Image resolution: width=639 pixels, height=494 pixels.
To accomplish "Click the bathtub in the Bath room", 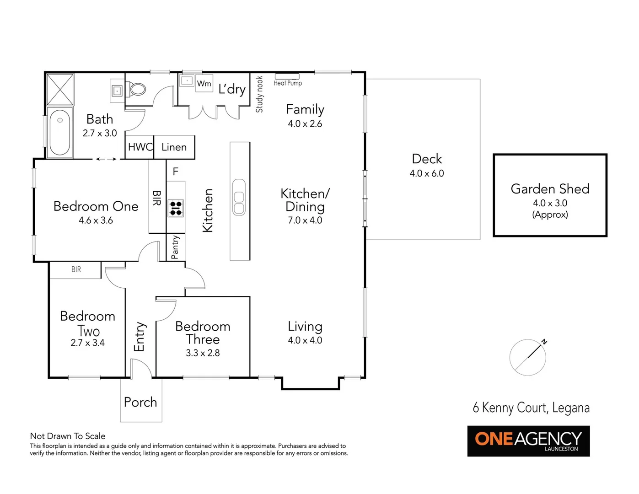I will point(59,133).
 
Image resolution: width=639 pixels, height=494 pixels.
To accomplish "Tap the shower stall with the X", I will point(60,90).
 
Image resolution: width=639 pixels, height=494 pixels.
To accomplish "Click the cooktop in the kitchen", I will point(176,208).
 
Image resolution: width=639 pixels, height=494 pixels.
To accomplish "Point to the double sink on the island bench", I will point(239,197).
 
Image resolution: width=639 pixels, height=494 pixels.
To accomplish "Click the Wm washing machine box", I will point(204,83).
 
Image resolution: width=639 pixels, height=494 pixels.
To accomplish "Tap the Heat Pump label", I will point(288,83).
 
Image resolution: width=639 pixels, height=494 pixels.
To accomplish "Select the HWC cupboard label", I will point(140,147).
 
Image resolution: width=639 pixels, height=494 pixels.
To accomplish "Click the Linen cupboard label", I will point(174,147).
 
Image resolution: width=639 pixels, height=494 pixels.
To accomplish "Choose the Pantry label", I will point(175,247).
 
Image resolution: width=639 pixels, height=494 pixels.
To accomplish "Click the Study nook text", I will point(259,94).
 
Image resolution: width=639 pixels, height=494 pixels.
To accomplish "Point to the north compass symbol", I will point(528,357).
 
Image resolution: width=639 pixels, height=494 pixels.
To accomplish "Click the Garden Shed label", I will point(550,188).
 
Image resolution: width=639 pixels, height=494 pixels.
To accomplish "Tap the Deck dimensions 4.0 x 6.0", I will point(427,173).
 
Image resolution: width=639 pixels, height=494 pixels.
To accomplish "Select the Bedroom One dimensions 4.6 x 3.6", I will point(96,220).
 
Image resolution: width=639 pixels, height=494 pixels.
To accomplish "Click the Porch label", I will point(140,402).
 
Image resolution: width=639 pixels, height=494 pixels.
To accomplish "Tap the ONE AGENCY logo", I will point(528,441).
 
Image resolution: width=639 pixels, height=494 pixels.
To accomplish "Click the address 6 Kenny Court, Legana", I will point(531,408).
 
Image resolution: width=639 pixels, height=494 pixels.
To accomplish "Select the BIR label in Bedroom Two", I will point(76,270).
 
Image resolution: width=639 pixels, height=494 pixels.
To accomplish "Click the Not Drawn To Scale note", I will point(68,436).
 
